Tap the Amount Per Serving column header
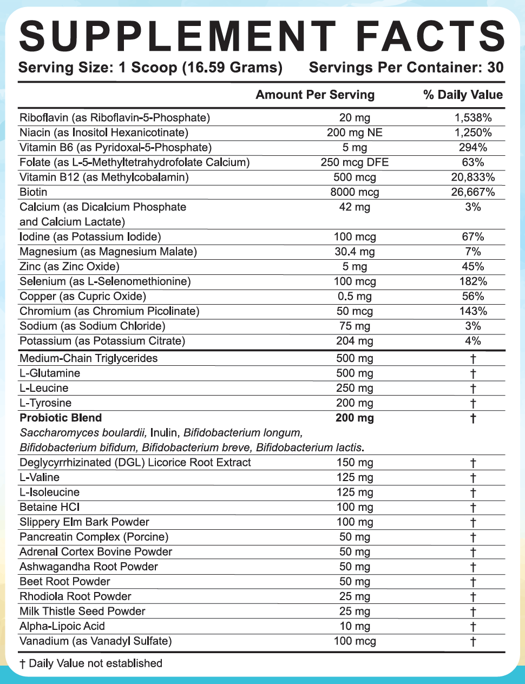click(315, 95)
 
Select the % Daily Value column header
click(463, 95)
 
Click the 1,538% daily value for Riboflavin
click(472, 117)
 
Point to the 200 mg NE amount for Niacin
click(355, 133)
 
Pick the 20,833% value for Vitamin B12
click(472, 177)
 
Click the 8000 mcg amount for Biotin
click(355, 192)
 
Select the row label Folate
click(34, 162)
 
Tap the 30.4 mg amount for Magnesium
click(355, 252)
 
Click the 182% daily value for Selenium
click(472, 281)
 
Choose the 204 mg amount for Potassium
click(355, 341)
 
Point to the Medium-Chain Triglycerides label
click(88, 358)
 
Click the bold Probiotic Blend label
click(61, 418)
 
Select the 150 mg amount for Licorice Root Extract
click(355, 463)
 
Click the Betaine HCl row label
click(49, 507)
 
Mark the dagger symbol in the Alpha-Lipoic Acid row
click(472, 627)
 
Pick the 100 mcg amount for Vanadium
click(355, 641)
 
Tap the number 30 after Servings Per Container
click(495, 68)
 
